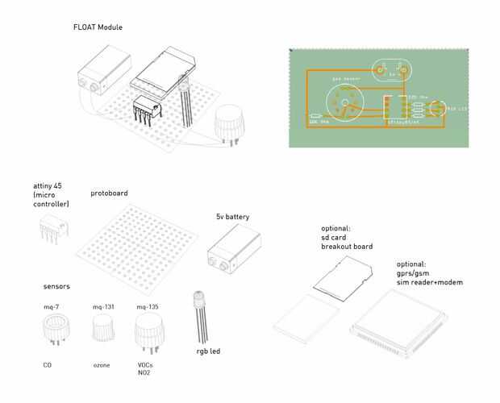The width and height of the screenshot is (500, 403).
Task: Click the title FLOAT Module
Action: (98, 28)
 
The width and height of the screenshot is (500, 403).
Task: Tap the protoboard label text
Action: (109, 193)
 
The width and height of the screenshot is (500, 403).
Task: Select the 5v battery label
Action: (231, 218)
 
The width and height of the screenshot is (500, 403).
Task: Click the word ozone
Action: (102, 365)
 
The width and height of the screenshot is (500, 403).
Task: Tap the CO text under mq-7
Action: (47, 365)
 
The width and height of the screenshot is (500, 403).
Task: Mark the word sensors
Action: (56, 286)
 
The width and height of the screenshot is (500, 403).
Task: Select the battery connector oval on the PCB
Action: (393, 73)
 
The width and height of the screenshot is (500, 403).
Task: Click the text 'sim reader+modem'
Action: (430, 282)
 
